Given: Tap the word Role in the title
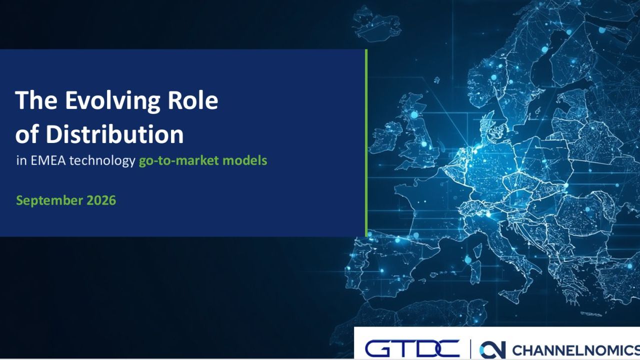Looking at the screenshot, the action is point(193,100).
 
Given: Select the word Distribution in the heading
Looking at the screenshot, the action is point(114,134).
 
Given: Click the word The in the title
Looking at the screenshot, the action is point(36,100).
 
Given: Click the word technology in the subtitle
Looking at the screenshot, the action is point(102,161).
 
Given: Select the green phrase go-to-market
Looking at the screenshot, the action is point(179,161).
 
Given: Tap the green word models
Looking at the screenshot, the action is point(245,160).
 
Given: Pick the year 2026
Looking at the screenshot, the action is point(101,200).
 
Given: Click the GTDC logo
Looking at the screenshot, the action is point(412,348).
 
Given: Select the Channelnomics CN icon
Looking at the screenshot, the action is point(492,349).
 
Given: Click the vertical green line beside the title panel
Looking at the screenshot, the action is point(366,143).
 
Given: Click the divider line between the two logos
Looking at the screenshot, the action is point(470,349).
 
